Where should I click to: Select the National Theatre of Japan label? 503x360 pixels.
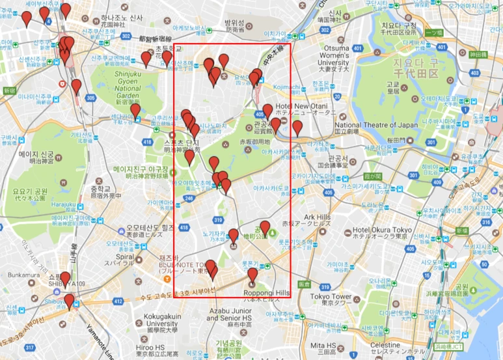click(x=376, y=125)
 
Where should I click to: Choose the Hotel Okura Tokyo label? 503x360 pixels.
click(x=381, y=230)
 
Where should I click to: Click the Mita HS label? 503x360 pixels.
click(x=323, y=344)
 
